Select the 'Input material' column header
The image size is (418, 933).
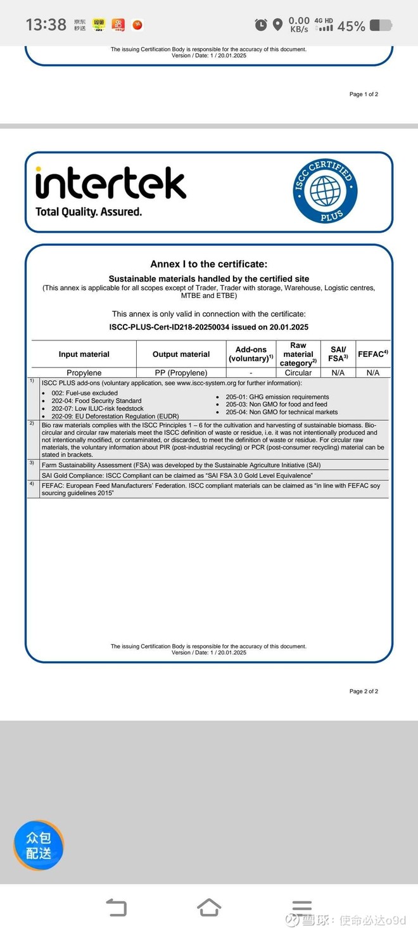[84, 354]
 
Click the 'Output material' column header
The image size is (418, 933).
[181, 354]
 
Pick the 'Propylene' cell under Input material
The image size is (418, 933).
[84, 373]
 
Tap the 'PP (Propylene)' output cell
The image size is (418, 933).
[181, 373]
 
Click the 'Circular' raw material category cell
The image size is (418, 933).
[298, 373]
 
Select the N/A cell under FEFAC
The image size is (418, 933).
[373, 373]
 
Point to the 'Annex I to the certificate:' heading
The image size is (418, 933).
[209, 264]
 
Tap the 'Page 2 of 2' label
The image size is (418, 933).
[364, 691]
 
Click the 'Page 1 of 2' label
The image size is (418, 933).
[364, 94]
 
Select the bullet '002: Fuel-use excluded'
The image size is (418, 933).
[84, 393]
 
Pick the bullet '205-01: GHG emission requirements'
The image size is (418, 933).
[277, 397]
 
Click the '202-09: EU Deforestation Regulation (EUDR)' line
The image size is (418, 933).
[115, 416]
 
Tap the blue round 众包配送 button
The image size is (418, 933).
[39, 845]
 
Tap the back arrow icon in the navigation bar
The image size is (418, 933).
[117, 908]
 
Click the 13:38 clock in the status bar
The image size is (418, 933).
[46, 25]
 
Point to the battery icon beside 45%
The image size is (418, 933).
[381, 25]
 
